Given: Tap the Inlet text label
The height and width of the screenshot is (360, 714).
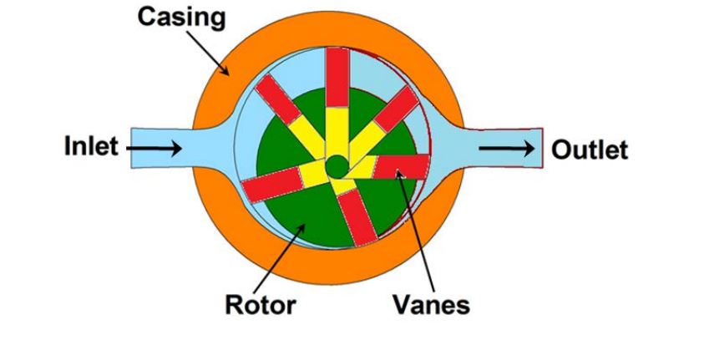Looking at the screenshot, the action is (x=91, y=147).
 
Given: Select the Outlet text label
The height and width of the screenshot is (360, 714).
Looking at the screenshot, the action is (x=590, y=150).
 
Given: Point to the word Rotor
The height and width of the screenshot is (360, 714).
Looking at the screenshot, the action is (x=261, y=304).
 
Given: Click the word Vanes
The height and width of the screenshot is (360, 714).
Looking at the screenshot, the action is (x=431, y=304).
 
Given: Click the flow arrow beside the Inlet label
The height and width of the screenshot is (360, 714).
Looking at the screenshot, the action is (x=154, y=148).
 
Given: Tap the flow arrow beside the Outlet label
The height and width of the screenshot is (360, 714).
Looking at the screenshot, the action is (x=506, y=148).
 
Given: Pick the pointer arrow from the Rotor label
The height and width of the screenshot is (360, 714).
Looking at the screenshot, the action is (x=279, y=258).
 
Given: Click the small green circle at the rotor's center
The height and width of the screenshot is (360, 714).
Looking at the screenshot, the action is (x=337, y=167).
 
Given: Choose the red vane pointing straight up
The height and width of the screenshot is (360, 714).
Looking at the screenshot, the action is (x=337, y=78).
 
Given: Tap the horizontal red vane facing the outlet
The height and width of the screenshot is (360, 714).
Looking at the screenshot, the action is (x=402, y=167).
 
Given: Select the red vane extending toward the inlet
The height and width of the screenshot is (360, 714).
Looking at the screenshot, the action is (x=271, y=184).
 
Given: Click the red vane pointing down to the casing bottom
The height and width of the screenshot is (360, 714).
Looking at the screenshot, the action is (x=358, y=215).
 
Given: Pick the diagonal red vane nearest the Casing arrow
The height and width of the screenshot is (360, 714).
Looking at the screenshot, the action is (x=278, y=99).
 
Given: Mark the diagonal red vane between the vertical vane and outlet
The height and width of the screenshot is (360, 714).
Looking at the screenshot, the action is (x=396, y=109).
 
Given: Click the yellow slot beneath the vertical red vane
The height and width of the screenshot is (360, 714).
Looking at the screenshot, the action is (x=337, y=133).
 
